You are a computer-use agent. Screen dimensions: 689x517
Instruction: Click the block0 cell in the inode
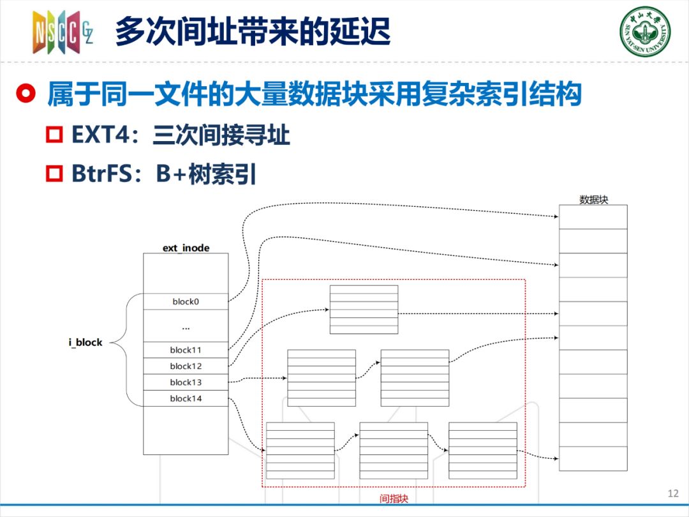186,301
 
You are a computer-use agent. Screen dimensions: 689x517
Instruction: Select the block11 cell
186,350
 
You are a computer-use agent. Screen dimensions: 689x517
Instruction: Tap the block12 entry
186,366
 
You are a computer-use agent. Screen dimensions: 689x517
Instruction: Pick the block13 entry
186,382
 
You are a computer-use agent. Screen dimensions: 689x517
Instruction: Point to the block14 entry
186,398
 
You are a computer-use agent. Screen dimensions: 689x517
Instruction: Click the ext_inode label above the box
186,248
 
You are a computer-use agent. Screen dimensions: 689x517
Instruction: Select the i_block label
85,343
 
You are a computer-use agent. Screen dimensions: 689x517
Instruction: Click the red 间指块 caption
394,498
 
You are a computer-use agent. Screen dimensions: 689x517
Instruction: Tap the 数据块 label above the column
594,200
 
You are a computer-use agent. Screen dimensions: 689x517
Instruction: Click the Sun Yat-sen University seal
645,32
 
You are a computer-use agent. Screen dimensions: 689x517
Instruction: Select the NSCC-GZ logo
63,32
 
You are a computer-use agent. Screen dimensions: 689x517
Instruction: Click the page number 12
673,493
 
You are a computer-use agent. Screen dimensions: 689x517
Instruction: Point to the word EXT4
101,135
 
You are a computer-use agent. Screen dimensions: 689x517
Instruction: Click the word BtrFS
101,174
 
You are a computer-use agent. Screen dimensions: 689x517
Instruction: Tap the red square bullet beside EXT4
54,135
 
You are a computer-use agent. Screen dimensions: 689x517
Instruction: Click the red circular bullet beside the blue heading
26,94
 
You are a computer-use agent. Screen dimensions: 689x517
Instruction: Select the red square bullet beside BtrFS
54,173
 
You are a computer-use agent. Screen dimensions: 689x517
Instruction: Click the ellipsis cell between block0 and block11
186,326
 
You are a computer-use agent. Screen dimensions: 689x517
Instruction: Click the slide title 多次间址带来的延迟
253,32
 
